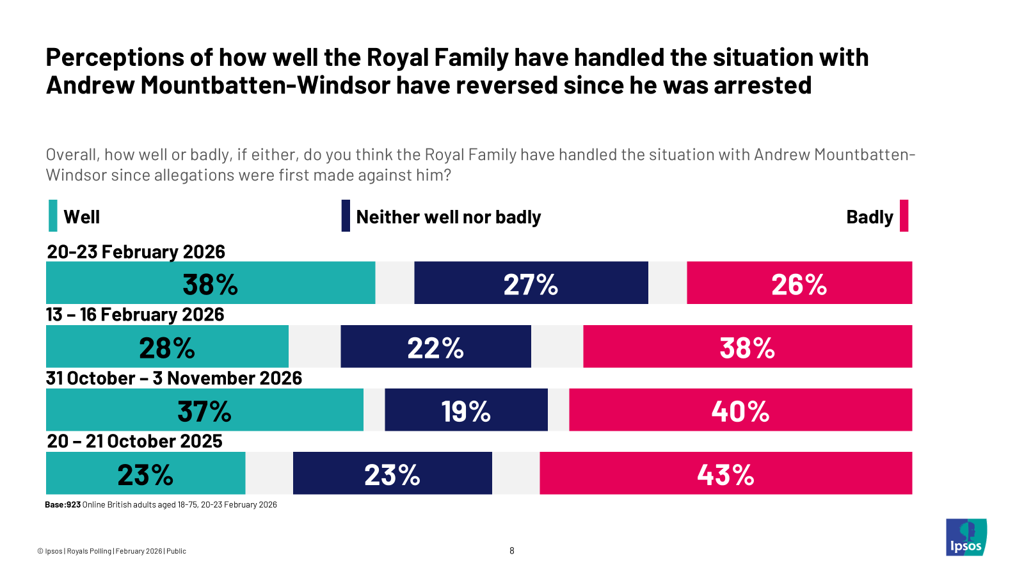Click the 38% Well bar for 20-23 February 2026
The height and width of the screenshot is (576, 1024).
click(x=211, y=283)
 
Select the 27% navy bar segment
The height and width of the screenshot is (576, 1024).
click(x=531, y=283)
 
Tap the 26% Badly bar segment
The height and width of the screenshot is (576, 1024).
click(x=799, y=283)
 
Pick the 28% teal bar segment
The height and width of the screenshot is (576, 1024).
click(x=167, y=346)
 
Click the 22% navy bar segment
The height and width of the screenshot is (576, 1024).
click(x=435, y=346)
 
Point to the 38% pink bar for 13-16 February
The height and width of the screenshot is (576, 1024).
click(x=748, y=346)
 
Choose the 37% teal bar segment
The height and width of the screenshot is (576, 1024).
click(x=204, y=410)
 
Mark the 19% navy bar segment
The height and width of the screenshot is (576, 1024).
click(x=466, y=410)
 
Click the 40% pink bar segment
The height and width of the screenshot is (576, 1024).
click(x=740, y=410)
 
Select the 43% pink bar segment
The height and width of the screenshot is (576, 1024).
click(x=726, y=473)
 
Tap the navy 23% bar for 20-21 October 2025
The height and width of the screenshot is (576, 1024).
click(x=392, y=473)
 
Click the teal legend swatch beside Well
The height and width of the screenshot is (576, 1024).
click(x=53, y=216)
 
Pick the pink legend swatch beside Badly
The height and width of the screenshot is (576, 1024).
click(x=904, y=216)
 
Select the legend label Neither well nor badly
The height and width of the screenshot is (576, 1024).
click(x=448, y=217)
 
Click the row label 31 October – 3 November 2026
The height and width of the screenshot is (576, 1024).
click(x=173, y=378)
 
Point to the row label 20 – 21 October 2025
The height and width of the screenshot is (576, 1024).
click(x=134, y=441)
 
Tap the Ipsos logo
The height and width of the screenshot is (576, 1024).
click(x=966, y=538)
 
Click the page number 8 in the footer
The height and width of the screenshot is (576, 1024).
click(x=512, y=550)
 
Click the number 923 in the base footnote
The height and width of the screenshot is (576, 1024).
click(x=74, y=504)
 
